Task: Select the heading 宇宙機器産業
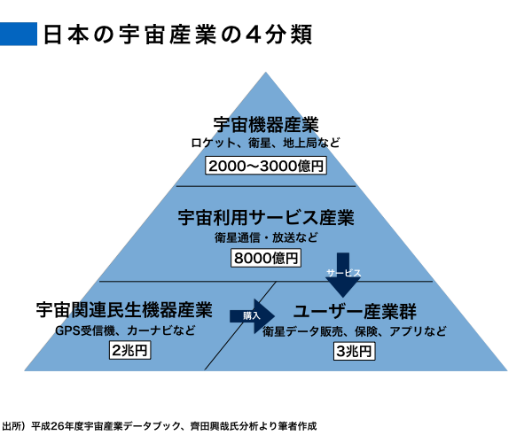[x=266, y=125]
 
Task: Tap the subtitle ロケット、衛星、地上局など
[x=266, y=144]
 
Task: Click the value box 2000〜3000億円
[x=266, y=166]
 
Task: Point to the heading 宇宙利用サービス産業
[x=266, y=217]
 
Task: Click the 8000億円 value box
[x=266, y=259]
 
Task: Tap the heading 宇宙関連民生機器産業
[x=124, y=311]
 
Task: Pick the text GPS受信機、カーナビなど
[x=124, y=331]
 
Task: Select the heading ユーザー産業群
[x=355, y=313]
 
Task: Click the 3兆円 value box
[x=355, y=353]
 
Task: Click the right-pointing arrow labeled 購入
[x=250, y=315]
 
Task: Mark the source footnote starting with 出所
[x=160, y=426]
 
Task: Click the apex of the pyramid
[x=266, y=71]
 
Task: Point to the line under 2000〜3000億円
[x=266, y=186]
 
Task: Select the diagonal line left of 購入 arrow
[x=239, y=328]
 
